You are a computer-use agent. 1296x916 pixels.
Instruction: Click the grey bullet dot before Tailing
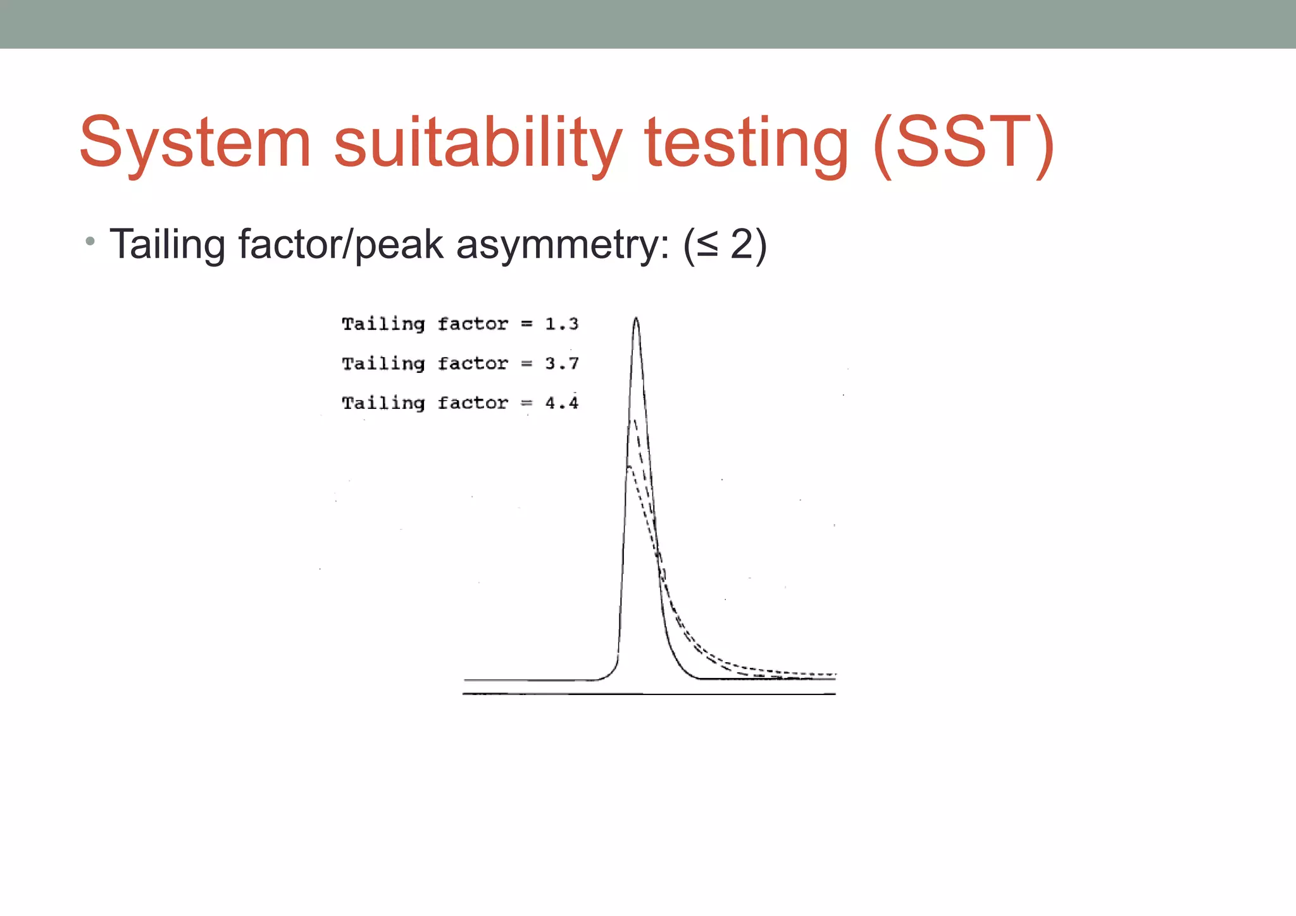coord(90,241)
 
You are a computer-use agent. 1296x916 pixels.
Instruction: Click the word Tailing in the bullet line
coord(167,244)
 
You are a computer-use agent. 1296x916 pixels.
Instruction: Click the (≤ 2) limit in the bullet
coord(725,244)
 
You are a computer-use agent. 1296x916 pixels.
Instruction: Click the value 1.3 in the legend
coord(561,324)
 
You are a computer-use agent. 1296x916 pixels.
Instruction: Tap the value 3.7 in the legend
coord(561,363)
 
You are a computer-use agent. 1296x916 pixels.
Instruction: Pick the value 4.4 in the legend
coord(561,403)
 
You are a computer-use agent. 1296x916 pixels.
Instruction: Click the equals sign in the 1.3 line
coord(526,324)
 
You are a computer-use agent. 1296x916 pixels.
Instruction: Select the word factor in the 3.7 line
coord(473,363)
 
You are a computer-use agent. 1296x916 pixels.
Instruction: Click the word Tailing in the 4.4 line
coord(383,403)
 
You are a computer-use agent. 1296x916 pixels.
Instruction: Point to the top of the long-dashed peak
coord(634,420)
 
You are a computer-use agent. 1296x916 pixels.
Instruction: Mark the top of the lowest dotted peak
coord(629,467)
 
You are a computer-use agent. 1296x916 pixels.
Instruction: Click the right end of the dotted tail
coord(835,674)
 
